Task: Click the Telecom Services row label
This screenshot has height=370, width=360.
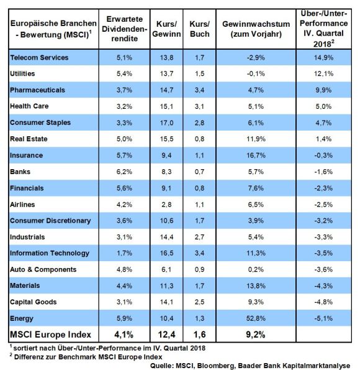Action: [x=39, y=58]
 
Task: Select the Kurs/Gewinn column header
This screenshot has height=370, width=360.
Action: [x=166, y=29]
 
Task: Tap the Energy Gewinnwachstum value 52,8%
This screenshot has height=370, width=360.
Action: [x=256, y=318]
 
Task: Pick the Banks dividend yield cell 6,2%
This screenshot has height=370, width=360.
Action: [x=124, y=172]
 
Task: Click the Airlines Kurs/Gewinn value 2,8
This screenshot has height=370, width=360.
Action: [x=166, y=205]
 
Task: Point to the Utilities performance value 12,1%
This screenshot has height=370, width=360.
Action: [x=323, y=73]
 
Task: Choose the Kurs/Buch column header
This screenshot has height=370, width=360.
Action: [x=200, y=29]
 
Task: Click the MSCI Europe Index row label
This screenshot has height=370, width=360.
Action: [x=50, y=335]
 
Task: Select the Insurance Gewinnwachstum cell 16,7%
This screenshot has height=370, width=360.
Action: [x=256, y=155]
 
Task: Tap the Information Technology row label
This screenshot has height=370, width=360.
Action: [x=50, y=253]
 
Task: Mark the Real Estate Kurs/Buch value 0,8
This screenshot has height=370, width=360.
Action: [x=200, y=139]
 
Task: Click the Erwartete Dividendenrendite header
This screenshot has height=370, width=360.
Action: [x=124, y=29]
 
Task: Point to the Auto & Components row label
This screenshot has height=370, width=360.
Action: [x=43, y=269]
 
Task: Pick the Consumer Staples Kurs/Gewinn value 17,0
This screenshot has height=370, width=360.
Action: [x=166, y=123]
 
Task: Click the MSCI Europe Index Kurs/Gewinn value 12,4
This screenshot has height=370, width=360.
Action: [x=166, y=335]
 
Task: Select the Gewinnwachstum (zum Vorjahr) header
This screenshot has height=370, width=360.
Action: [x=256, y=29]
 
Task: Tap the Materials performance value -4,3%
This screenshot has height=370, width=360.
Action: [x=323, y=286]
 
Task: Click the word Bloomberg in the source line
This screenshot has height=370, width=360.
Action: [x=216, y=366]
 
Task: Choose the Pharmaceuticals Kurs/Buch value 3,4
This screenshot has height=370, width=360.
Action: [x=200, y=90]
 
